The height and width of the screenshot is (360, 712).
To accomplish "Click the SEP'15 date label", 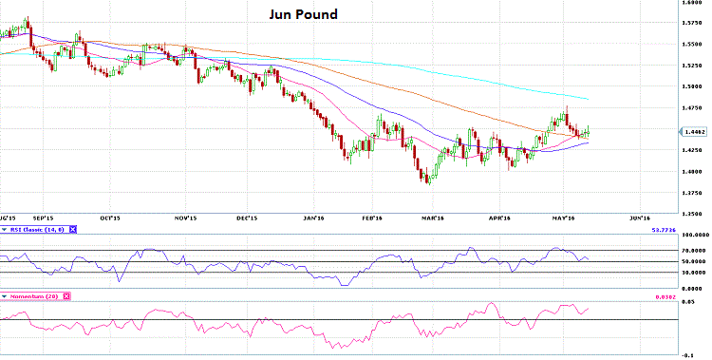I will tap(44, 218).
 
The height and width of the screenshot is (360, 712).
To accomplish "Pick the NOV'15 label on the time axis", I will tap(185, 218).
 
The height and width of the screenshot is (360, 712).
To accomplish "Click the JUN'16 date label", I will tap(640, 218).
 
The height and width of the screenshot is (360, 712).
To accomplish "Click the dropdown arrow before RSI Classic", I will tap(4, 229).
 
